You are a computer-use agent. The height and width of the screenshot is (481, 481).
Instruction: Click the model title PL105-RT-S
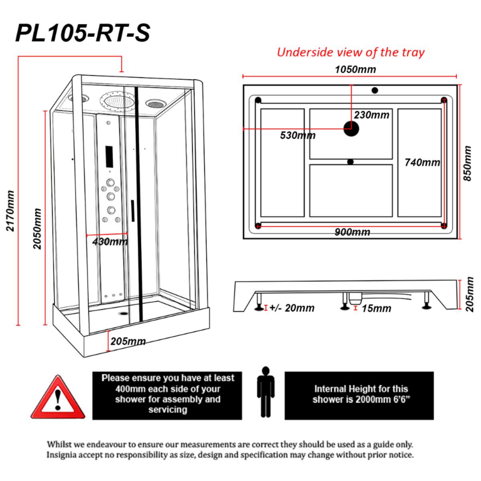click(x=83, y=33)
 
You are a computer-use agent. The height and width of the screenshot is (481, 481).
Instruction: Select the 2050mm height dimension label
click(x=37, y=228)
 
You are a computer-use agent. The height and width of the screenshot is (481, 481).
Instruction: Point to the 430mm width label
click(x=109, y=242)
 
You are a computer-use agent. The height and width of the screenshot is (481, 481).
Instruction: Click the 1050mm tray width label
click(x=356, y=69)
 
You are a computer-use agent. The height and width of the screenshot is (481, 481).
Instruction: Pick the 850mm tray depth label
click(x=468, y=163)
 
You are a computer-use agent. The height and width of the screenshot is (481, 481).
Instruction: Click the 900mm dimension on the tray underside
click(x=352, y=232)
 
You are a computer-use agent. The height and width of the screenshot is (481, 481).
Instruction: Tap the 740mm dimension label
click(x=422, y=162)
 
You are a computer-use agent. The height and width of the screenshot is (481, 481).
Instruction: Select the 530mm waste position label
click(x=297, y=135)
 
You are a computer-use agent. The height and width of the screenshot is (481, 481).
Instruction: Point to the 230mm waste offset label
click(x=372, y=115)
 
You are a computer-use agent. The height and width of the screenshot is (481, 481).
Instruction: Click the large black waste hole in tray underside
click(x=351, y=129)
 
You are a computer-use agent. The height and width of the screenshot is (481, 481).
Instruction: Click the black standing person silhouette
click(x=265, y=392)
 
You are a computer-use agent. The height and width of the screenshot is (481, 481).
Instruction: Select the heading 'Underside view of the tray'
click(x=351, y=52)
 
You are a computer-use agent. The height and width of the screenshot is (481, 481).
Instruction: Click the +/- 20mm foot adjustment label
click(x=292, y=308)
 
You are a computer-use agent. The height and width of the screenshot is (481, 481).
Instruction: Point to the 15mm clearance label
click(x=376, y=309)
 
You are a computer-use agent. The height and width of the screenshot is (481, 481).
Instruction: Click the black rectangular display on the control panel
click(x=109, y=157)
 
